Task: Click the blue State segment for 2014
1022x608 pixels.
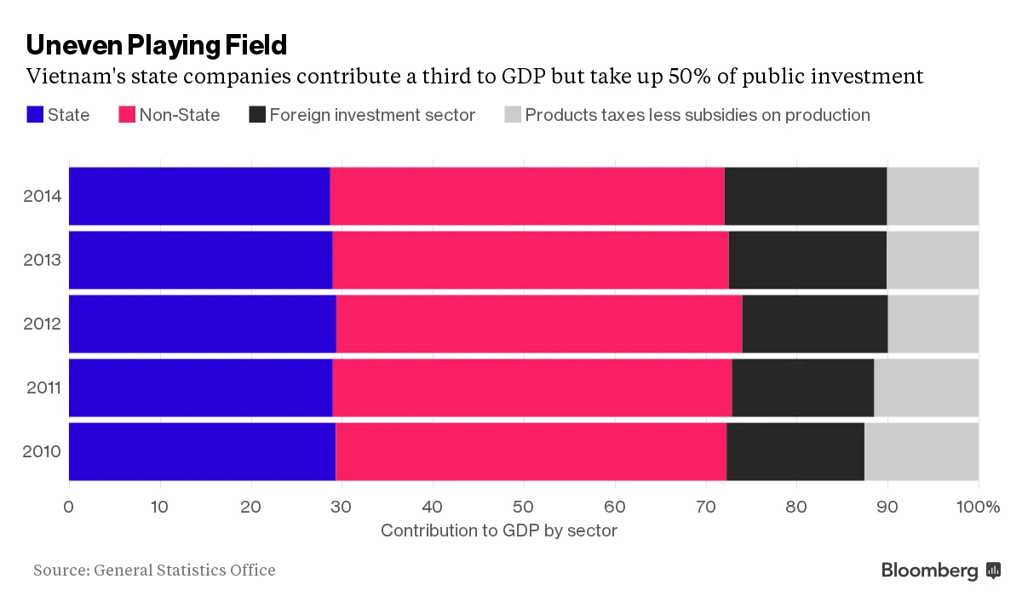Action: pos(199,197)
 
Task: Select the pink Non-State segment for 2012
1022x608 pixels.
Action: pos(539,324)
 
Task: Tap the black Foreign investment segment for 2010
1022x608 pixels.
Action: pos(795,451)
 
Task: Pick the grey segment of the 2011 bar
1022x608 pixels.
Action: pos(926,387)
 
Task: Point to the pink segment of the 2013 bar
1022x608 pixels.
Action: pos(531,260)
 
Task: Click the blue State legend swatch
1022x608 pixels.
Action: pos(35,115)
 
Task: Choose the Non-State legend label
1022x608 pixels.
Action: pos(180,115)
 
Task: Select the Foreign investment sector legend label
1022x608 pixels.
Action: pos(372,115)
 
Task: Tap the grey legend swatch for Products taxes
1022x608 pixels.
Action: pos(512,115)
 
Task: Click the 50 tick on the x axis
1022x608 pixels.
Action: pos(524,508)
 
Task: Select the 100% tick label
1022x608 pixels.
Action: pos(979,508)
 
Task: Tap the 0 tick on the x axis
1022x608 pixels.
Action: pos(69,508)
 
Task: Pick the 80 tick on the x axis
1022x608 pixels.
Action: pos(796,508)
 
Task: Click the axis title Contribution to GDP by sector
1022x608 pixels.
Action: pos(499,531)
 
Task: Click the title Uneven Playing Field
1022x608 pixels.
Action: pos(157,44)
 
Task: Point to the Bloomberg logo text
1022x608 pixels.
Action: pos(930,571)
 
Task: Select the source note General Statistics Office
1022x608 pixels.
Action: pos(154,570)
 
